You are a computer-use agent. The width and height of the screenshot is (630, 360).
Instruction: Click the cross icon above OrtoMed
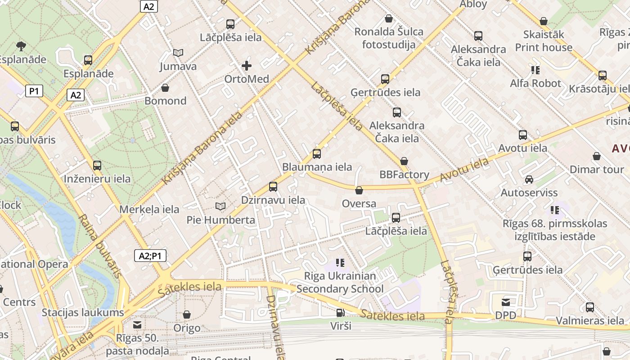247,66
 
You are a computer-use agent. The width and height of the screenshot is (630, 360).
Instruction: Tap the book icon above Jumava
178,53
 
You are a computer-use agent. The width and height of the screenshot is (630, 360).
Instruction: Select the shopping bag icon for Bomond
165,87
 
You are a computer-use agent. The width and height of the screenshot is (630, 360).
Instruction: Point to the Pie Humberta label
220,220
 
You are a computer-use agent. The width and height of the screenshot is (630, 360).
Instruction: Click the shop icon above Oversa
359,190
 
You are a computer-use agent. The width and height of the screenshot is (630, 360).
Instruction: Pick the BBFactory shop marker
404,161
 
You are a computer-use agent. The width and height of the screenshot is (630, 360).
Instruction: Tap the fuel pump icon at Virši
340,313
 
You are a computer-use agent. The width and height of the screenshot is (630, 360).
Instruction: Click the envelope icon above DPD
506,302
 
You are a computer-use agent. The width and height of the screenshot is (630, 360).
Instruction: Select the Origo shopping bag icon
186,315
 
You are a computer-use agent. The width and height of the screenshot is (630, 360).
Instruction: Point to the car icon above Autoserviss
529,180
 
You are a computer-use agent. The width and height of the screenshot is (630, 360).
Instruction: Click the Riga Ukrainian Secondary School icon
340,262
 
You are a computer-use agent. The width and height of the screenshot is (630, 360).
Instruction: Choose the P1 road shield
34,91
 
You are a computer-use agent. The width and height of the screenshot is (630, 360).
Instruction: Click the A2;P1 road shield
150,256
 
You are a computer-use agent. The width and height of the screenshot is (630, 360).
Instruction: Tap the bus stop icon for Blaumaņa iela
317,154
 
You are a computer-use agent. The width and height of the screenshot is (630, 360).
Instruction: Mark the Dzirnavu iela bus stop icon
273,187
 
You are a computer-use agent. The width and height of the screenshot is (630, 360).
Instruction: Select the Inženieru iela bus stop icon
97,166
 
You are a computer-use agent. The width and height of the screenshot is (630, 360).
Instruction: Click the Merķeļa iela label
149,209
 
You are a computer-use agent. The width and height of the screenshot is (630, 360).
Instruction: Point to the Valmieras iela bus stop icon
590,307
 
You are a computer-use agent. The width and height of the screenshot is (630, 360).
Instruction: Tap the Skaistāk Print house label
544,41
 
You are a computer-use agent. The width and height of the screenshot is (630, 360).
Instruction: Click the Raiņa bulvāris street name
100,246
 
